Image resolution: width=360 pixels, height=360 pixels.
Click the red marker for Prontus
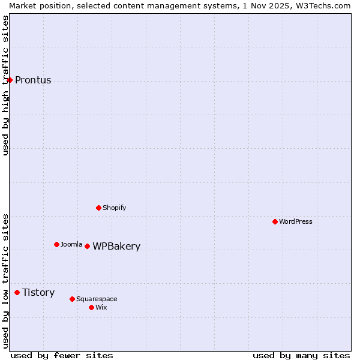(10, 80)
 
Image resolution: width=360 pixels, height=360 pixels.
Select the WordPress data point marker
(275, 221)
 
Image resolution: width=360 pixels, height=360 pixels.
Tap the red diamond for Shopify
(98, 208)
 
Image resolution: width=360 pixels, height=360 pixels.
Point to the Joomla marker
(56, 244)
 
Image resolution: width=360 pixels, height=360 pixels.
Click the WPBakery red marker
(87, 246)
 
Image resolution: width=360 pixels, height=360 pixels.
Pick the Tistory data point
(17, 292)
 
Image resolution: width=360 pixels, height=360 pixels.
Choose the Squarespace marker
(72, 299)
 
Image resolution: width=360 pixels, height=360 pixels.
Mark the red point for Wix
(91, 307)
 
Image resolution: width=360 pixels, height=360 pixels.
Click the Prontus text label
(33, 80)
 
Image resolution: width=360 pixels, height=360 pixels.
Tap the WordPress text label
(296, 221)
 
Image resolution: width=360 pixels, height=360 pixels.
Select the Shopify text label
(115, 208)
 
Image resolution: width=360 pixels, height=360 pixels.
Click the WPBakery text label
(116, 247)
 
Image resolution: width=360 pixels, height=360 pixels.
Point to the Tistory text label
(38, 293)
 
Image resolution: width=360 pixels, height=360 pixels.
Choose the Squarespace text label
(97, 299)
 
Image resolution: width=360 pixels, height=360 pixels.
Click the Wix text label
(101, 307)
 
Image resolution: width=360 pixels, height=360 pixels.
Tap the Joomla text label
(71, 244)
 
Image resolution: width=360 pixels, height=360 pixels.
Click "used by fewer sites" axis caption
(62, 355)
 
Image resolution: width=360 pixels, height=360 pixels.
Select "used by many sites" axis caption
(301, 355)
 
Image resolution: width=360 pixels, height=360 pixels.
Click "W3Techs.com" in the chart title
(326, 5)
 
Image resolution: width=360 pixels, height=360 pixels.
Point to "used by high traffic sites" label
(5, 85)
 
